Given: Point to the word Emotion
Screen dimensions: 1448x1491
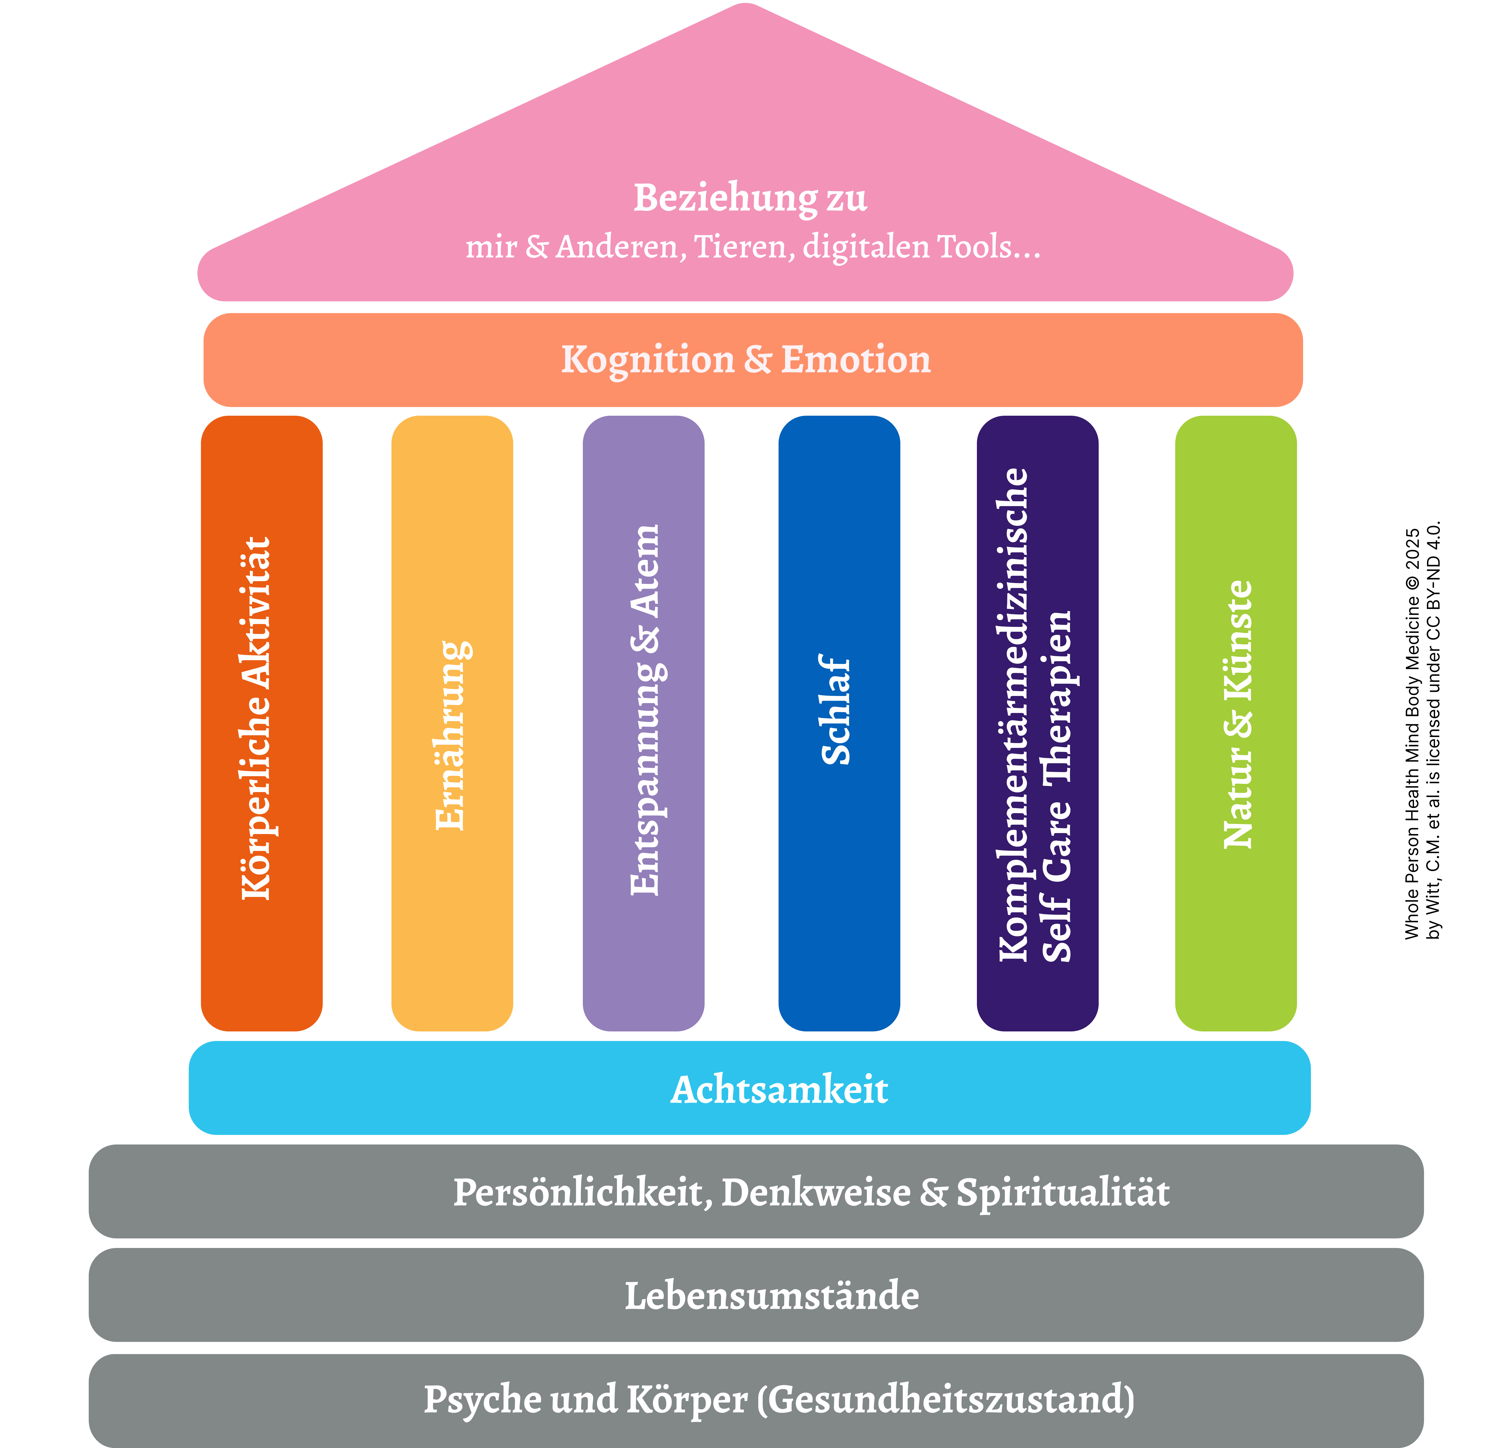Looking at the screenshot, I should click(856, 360).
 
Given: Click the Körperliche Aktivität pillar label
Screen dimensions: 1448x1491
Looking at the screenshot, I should click(256, 719).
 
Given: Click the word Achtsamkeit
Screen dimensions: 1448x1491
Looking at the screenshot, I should click(779, 1090).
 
